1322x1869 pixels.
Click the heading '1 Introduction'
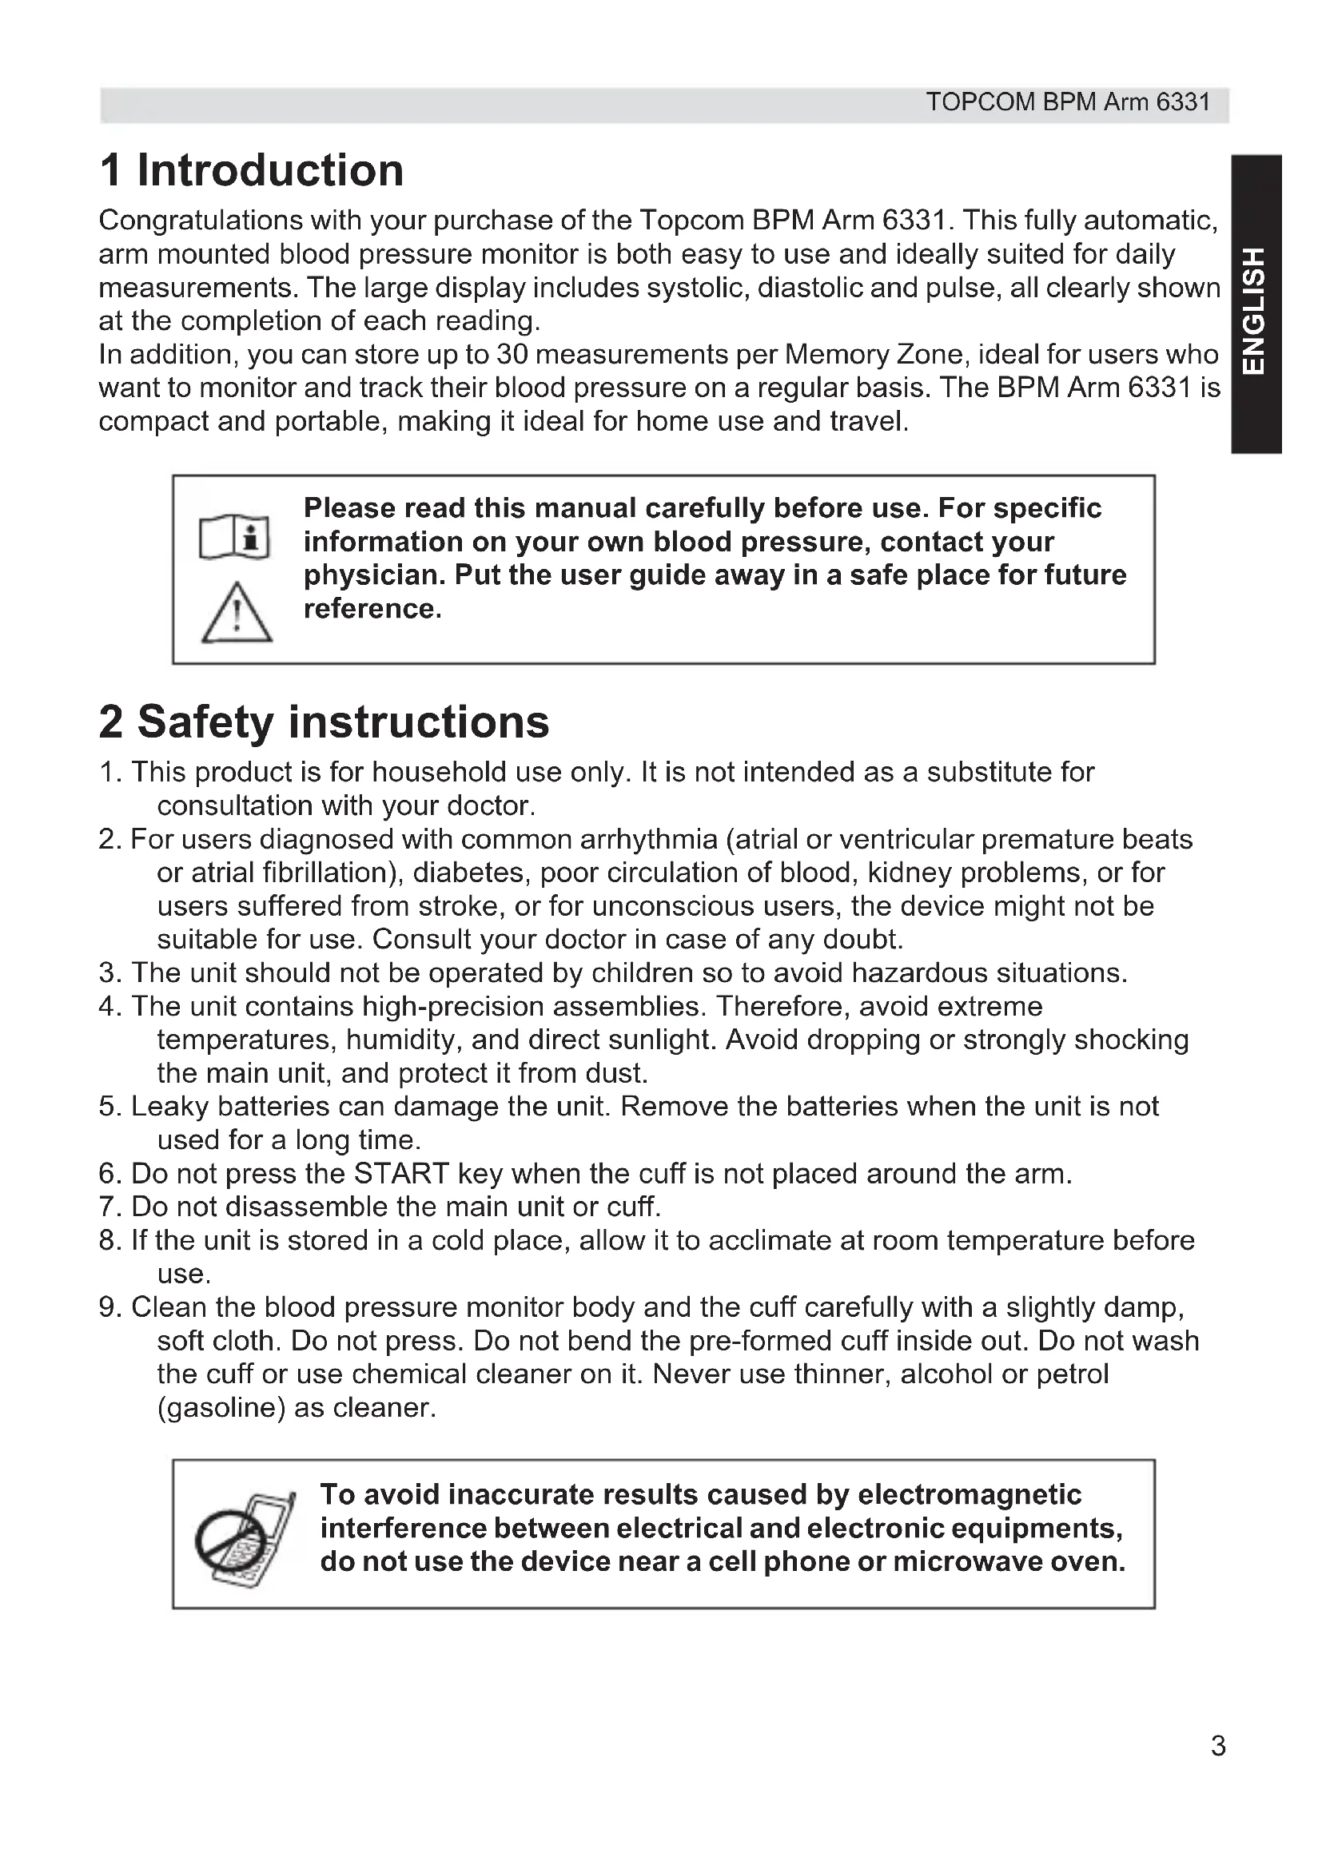click(252, 170)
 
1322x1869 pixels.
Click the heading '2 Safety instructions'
click(324, 722)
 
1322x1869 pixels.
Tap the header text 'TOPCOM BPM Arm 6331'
click(1068, 102)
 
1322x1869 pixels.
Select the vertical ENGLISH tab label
click(1256, 310)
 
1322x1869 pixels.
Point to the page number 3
click(1218, 1745)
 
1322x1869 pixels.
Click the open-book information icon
click(234, 538)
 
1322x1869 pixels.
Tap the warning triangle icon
click(236, 614)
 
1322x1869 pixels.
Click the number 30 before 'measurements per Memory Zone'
click(512, 355)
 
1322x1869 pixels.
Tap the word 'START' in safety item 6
click(401, 1174)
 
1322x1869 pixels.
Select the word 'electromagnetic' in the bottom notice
click(970, 1494)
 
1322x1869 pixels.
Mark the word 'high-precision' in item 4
click(452, 1007)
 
